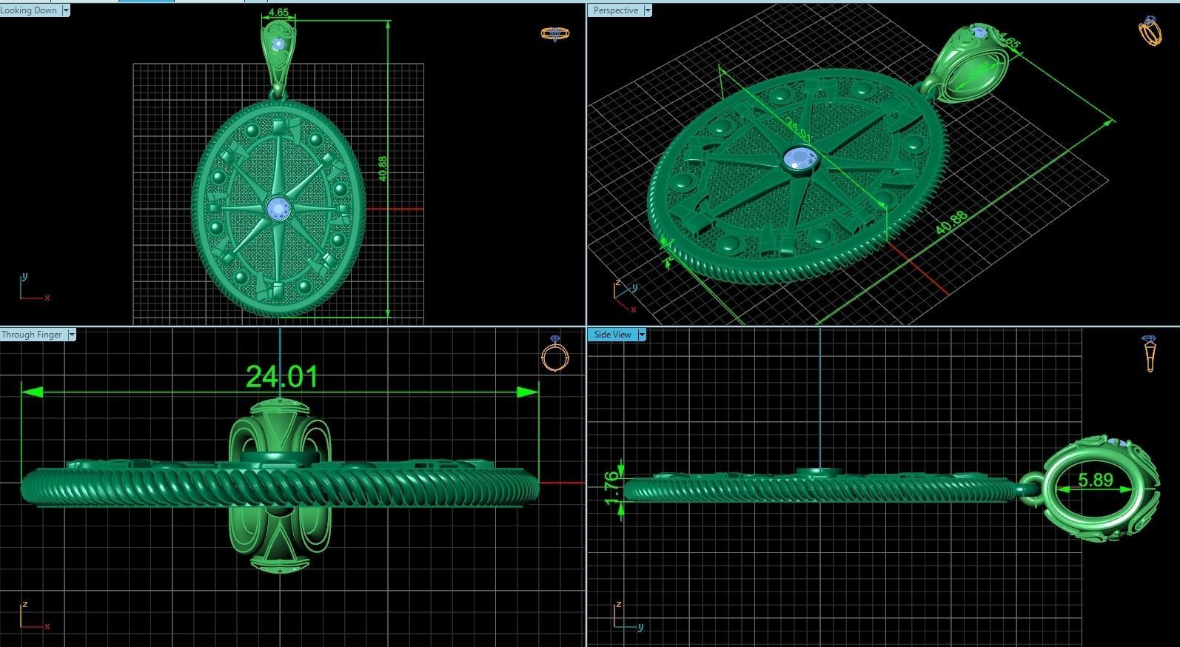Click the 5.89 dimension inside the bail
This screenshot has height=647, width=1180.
point(1095,480)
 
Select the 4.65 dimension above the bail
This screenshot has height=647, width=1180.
point(279,13)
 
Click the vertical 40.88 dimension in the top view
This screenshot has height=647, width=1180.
point(382,168)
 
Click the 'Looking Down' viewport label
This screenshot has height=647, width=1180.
point(29,10)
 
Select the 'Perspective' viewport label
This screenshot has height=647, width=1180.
point(615,10)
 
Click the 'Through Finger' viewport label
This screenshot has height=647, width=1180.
point(32,335)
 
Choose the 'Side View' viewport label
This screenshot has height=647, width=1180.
point(613,335)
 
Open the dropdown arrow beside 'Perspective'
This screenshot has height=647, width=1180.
point(648,10)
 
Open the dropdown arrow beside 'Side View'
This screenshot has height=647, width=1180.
point(642,335)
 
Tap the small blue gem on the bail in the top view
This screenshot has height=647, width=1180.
point(278,44)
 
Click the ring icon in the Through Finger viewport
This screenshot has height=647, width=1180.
point(555,355)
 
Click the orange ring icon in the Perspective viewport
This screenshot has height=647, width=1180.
point(1150,31)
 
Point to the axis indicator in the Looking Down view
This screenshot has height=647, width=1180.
point(30,289)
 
